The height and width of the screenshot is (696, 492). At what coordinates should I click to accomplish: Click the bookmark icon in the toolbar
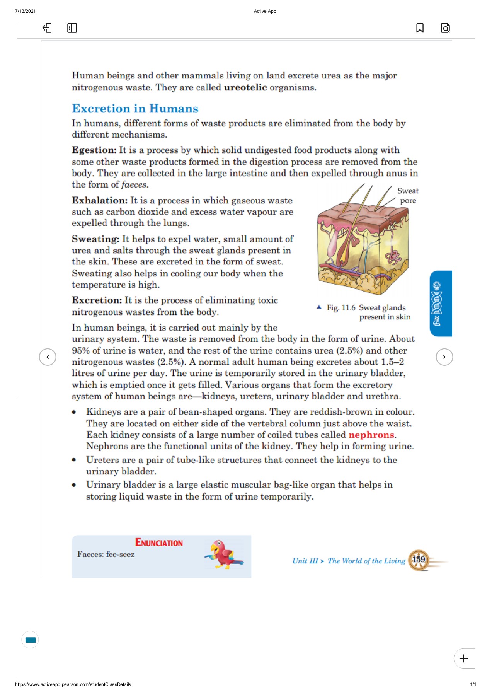tap(420, 28)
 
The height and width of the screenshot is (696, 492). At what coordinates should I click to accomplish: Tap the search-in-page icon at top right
tap(445, 28)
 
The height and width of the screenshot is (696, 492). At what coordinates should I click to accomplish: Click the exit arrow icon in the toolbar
tap(47, 28)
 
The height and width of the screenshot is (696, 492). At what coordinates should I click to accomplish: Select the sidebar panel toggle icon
tap(72, 28)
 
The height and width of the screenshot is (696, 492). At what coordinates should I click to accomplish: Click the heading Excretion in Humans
tap(135, 108)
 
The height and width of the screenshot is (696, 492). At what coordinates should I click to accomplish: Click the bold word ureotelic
tap(245, 87)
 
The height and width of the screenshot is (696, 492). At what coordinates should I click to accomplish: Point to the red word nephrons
tap(371, 435)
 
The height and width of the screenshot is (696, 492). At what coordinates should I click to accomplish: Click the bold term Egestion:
tap(94, 150)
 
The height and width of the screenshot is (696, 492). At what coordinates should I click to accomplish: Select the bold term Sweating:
tap(95, 239)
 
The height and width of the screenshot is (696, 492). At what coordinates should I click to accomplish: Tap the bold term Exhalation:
tap(99, 200)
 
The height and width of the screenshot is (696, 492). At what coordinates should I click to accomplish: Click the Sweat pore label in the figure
tap(408, 196)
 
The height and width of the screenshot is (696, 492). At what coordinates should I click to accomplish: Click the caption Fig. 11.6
tap(341, 308)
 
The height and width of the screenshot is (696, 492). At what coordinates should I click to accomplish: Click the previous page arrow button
tap(48, 357)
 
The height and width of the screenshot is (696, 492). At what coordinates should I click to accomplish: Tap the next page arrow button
tap(444, 357)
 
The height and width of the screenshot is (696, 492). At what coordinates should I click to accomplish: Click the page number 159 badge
tap(419, 560)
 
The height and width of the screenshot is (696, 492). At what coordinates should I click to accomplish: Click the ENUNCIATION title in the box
tap(159, 542)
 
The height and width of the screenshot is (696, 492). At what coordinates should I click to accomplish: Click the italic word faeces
tap(134, 185)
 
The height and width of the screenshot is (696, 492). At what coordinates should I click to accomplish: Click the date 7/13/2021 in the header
tap(25, 11)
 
